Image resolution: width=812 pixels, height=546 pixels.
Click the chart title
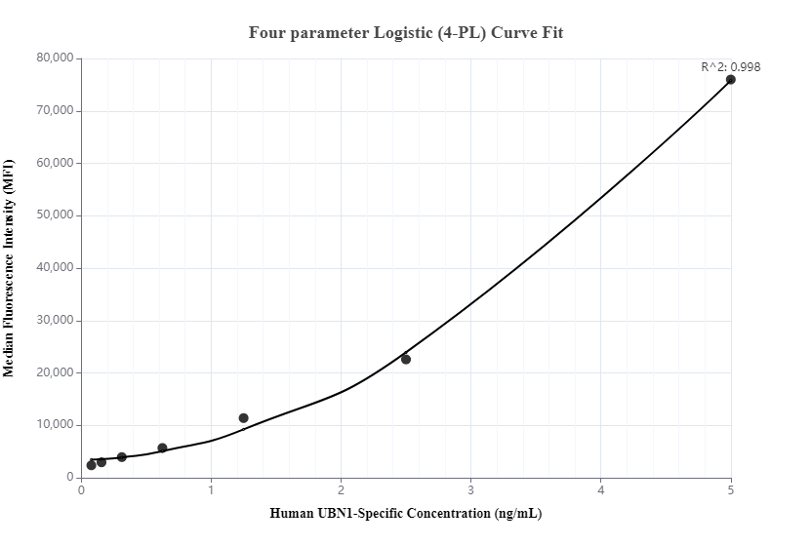pyautogui.click(x=406, y=32)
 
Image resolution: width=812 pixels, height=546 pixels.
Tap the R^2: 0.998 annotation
pyautogui.click(x=730, y=67)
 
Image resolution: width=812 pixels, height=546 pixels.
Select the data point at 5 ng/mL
pyautogui.click(x=730, y=80)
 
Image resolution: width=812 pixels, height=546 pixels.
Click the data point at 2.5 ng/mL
pyautogui.click(x=406, y=360)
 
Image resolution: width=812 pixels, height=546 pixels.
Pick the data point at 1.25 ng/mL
pyautogui.click(x=243, y=418)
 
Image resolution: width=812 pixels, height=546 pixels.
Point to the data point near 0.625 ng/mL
pyautogui.click(x=162, y=448)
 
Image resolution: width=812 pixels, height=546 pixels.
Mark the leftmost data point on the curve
pyautogui.click(x=91, y=465)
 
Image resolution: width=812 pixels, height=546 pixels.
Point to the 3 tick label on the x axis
pyautogui.click(x=471, y=489)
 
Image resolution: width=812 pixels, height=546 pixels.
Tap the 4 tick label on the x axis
pyautogui.click(x=601, y=489)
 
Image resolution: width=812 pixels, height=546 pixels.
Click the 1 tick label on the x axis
pyautogui.click(x=211, y=489)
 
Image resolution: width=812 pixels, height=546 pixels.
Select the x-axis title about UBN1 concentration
pyautogui.click(x=406, y=514)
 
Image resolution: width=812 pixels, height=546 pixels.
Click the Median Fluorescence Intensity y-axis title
pyautogui.click(x=10, y=268)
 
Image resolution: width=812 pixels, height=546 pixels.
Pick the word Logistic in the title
pyautogui.click(x=403, y=32)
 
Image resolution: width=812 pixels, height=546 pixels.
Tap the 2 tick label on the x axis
pyautogui.click(x=341, y=489)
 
